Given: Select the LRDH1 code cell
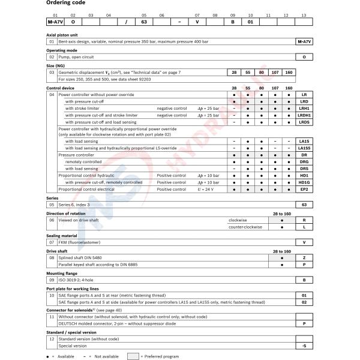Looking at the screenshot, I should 304,115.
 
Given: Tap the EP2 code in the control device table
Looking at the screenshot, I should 304,189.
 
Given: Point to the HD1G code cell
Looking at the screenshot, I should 304,182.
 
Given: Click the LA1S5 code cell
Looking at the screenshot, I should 304,148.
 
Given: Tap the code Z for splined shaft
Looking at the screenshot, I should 304,257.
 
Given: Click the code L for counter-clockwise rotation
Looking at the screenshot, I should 304,227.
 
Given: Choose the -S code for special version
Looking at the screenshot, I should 304,346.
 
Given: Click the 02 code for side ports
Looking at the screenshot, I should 304,302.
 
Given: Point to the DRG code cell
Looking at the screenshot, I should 304,161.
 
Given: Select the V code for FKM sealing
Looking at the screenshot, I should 304,242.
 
